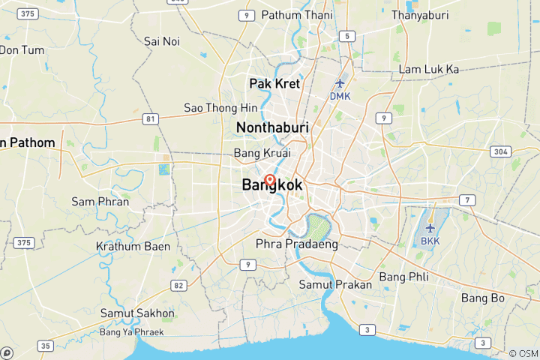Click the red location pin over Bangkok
click(269, 180)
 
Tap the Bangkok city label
click(272, 185)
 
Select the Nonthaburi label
click(272, 128)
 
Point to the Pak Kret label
click(274, 83)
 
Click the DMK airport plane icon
click(340, 83)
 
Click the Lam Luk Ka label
click(429, 69)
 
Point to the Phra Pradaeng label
click(297, 244)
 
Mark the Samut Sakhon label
click(137, 313)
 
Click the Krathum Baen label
click(133, 246)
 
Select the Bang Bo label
click(483, 298)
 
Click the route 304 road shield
click(500, 151)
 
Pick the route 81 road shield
click(151, 118)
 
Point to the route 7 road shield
click(466, 199)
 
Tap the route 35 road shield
click(46, 346)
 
